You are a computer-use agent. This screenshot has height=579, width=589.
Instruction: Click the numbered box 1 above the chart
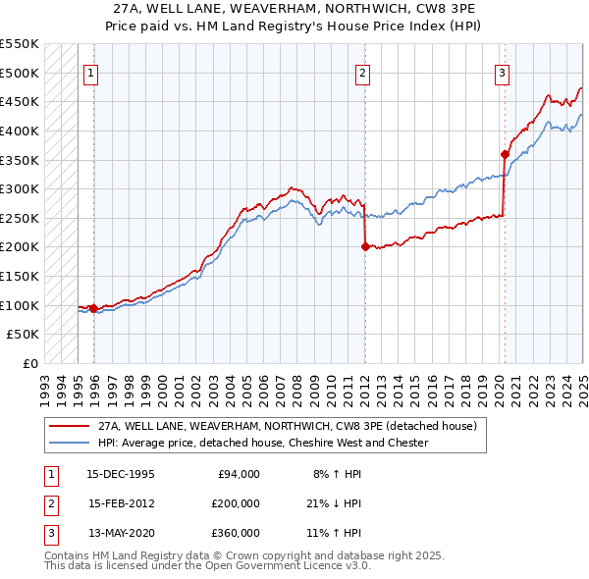click(90, 72)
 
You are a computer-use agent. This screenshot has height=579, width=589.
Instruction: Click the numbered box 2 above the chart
click(362, 72)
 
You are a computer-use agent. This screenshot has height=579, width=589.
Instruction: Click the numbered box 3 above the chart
click(502, 72)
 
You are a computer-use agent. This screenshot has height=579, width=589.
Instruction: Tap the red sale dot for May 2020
click(505, 153)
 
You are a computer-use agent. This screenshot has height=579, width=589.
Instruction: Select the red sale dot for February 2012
click(365, 247)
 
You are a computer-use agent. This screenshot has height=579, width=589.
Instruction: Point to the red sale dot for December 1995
click(94, 309)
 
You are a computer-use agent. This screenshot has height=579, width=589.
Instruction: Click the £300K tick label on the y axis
click(20, 188)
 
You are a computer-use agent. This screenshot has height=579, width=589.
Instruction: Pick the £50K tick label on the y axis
click(24, 335)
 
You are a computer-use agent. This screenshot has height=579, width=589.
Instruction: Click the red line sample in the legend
click(69, 427)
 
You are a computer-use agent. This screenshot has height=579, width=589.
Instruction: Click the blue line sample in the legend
click(69, 443)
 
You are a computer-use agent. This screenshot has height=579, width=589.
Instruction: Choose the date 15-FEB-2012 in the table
click(121, 503)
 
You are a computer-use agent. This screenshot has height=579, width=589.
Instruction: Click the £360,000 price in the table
click(236, 533)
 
